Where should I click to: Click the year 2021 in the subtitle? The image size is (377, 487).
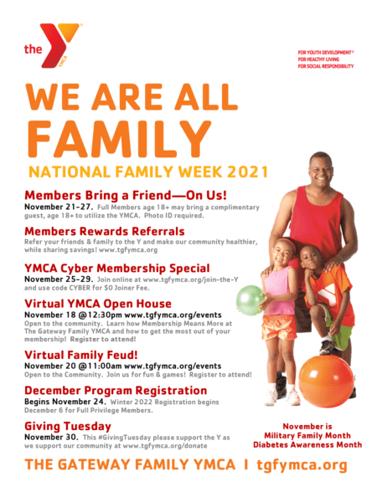pyautogui.click(x=245, y=172)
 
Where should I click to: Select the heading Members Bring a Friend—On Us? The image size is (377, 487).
pyautogui.click(x=113, y=195)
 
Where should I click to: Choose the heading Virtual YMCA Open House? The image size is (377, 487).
pyautogui.click(x=97, y=303)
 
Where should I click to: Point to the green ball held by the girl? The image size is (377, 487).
pyautogui.click(x=249, y=299)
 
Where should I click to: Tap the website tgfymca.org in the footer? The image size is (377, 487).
pyautogui.click(x=302, y=465)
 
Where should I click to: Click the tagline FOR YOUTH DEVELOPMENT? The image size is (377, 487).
pyautogui.click(x=325, y=52)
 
